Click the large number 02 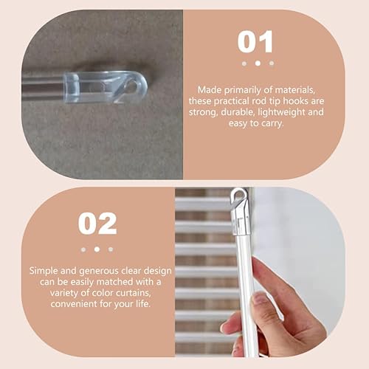(97, 223)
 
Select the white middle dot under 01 (256, 63)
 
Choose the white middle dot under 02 (97, 249)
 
